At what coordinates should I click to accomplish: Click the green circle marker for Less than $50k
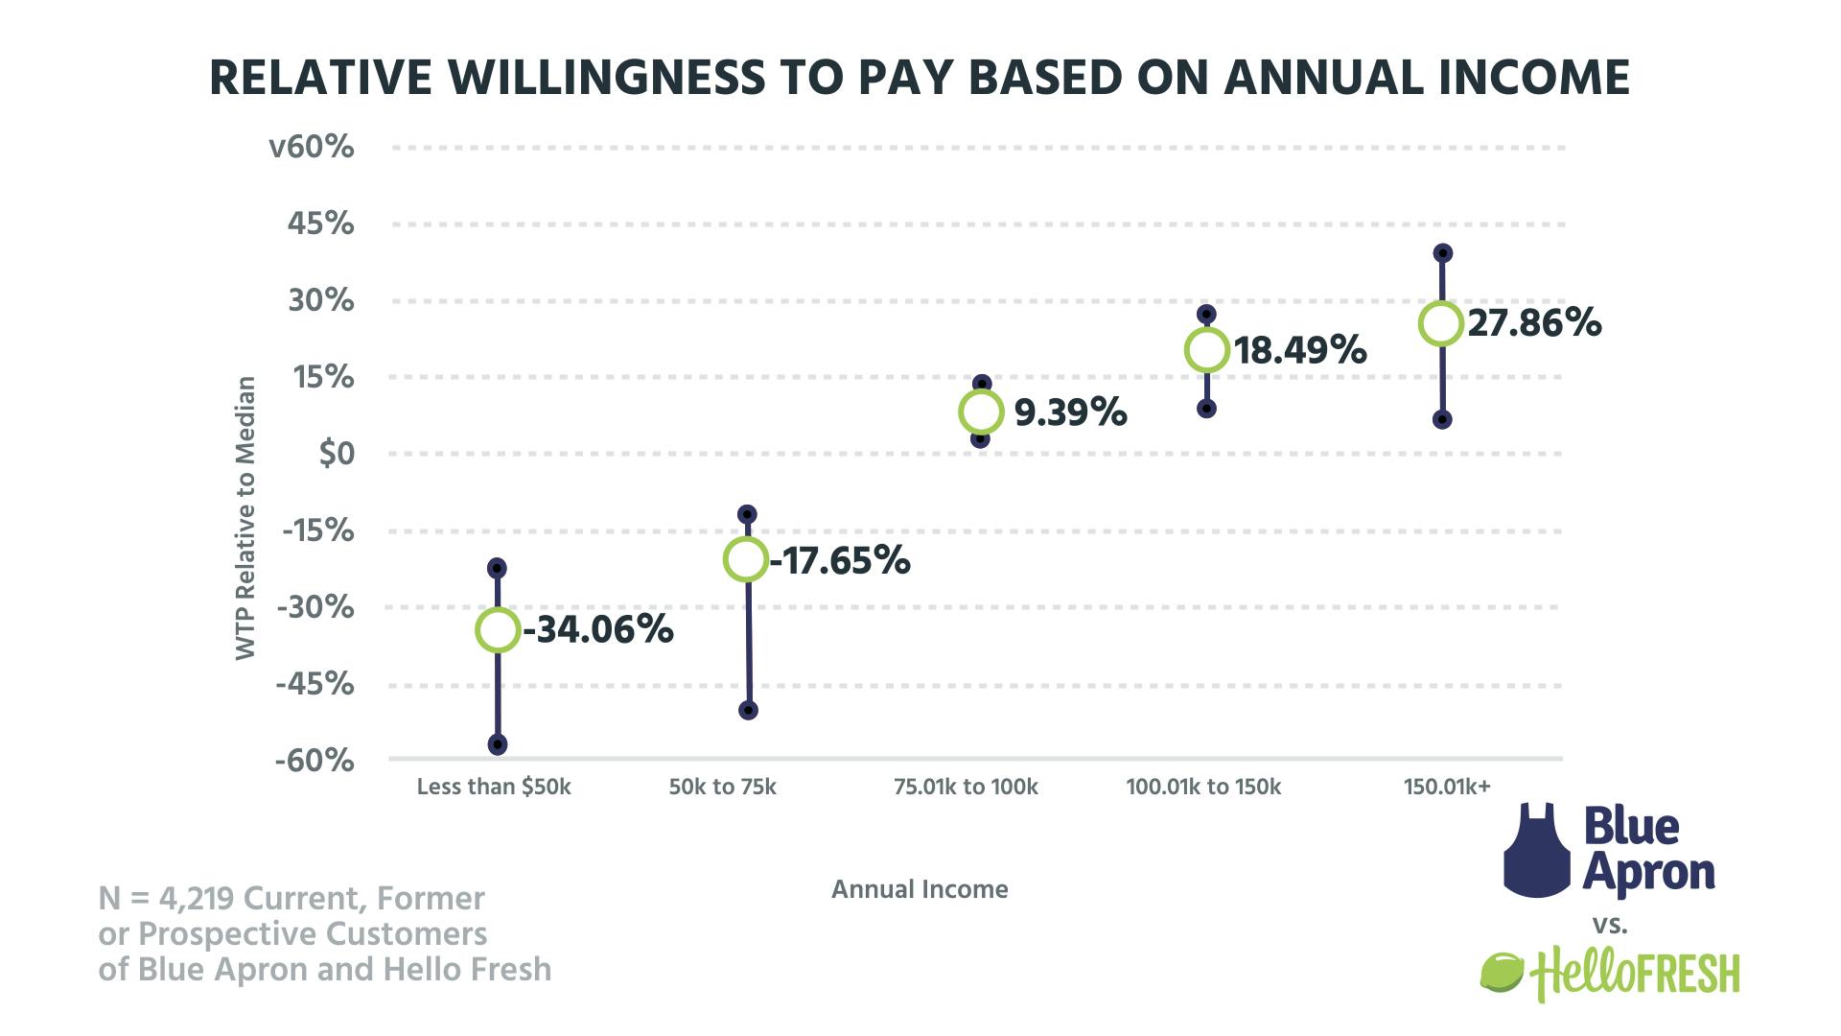point(498,630)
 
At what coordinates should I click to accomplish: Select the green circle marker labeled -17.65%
point(746,559)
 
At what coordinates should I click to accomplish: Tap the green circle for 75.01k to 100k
point(981,412)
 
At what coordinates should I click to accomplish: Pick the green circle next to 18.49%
point(1207,350)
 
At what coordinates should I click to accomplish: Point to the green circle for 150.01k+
point(1441,323)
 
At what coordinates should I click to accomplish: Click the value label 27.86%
point(1534,323)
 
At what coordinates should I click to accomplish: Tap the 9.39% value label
point(1070,412)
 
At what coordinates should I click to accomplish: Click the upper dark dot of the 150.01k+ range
point(1442,253)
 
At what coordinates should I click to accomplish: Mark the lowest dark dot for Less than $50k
point(498,744)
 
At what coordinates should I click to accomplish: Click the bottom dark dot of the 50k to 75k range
point(749,711)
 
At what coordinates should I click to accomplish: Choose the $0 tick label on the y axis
point(337,454)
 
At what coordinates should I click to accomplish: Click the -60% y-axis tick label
point(315,762)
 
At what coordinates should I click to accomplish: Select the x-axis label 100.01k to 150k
point(1203,788)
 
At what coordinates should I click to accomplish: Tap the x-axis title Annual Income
point(920,889)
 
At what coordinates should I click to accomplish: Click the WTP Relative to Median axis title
point(246,518)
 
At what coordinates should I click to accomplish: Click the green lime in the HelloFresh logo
point(1503,973)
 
